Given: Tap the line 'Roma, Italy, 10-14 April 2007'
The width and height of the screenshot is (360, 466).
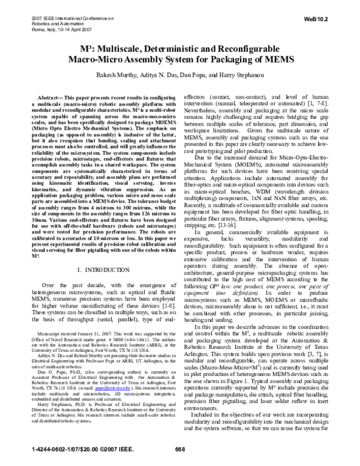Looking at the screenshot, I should [x=57, y=28].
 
